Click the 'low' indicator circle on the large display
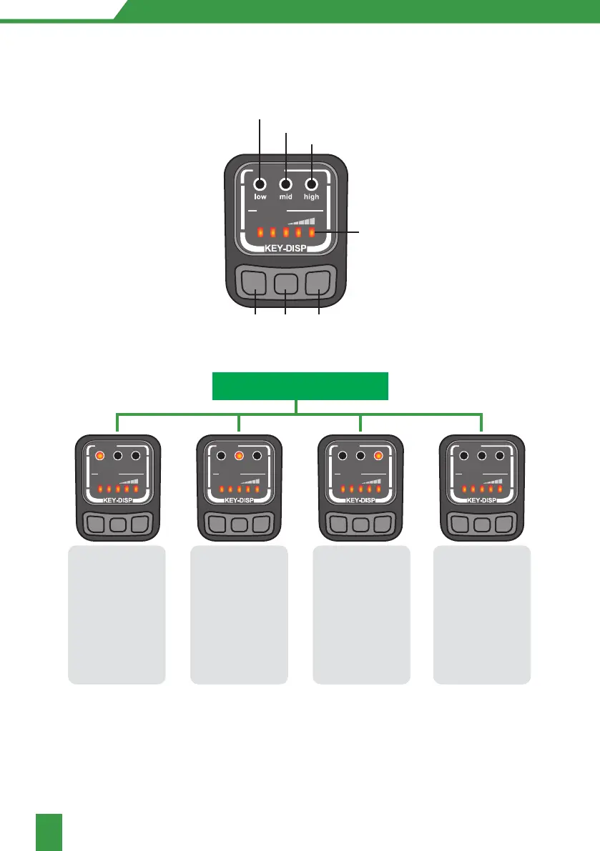coord(260,184)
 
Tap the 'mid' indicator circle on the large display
coord(286,184)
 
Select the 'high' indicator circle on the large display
coord(312,184)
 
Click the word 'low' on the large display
coord(260,196)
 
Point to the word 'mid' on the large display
coord(286,196)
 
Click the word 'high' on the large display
coord(312,196)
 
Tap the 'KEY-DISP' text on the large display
coord(286,249)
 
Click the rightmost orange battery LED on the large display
coord(312,232)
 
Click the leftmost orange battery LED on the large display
coord(260,232)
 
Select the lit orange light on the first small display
coord(100,455)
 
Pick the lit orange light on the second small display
coord(240,455)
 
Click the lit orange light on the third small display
coord(378,455)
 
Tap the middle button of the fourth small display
coord(482,523)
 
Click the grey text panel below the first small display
coord(117,614)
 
